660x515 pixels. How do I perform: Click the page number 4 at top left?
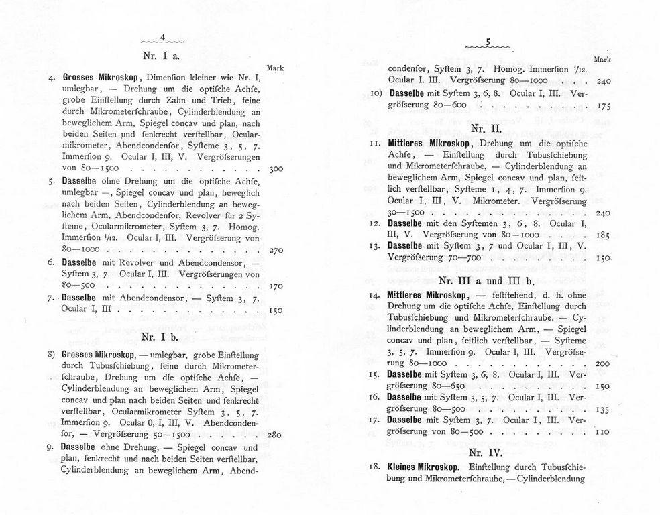pos(163,38)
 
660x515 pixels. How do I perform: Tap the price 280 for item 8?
pos(274,435)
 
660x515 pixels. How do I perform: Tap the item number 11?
pos(375,144)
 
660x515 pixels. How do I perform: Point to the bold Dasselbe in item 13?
pos(408,246)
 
